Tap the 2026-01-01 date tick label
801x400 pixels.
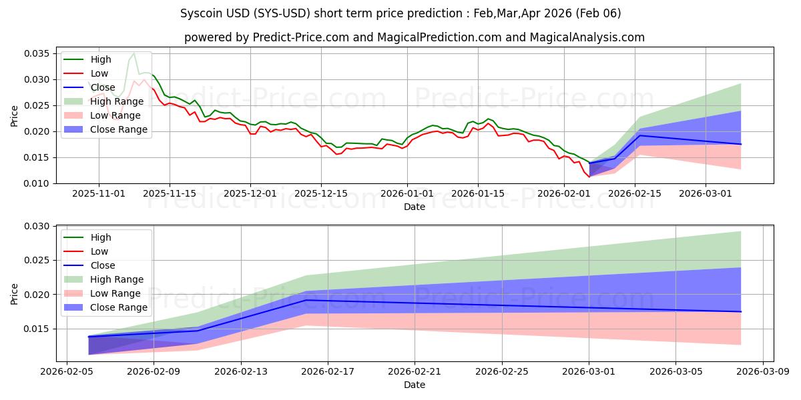407,193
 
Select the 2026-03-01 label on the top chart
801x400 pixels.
706,193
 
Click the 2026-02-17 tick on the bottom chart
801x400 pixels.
328,371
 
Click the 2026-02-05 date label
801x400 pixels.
67,371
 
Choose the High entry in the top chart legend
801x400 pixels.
100,59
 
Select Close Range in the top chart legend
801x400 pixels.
118,129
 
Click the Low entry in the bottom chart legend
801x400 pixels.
99,251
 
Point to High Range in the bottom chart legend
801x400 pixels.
116,279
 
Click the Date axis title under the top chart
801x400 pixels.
414,207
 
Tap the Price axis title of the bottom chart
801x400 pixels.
14,293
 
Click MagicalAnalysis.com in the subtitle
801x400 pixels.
587,37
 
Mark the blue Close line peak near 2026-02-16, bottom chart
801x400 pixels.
306,300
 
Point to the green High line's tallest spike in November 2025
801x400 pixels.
133,53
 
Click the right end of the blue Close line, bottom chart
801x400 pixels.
741,311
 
